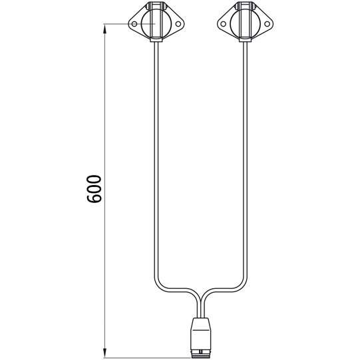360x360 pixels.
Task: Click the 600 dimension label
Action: pos(94,189)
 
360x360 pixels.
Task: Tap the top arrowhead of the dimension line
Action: pos(104,30)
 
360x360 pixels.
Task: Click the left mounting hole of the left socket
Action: pos(134,24)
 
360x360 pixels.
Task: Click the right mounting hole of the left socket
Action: pos(178,24)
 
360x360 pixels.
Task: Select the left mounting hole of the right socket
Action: pos(222,24)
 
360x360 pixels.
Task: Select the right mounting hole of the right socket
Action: pos(267,24)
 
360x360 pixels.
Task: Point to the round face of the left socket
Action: pos(156,24)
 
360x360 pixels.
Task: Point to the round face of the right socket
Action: pos(245,24)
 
